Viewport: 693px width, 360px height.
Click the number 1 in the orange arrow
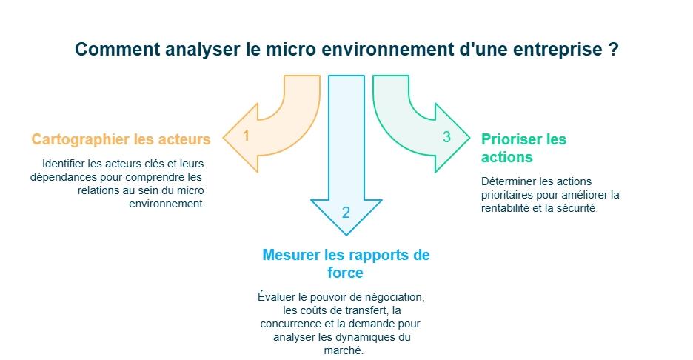247,136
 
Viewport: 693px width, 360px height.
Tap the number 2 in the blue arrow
346,213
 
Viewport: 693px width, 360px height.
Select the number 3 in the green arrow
446,137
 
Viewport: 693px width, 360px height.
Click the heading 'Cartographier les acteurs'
121,139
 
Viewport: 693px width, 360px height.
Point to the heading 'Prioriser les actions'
523,147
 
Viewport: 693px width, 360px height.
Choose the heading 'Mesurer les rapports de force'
346,264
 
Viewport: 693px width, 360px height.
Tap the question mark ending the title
614,50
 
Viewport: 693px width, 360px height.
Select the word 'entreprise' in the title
562,50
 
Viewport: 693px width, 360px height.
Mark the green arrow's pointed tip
469,138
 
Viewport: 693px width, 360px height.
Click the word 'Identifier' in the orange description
64,164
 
